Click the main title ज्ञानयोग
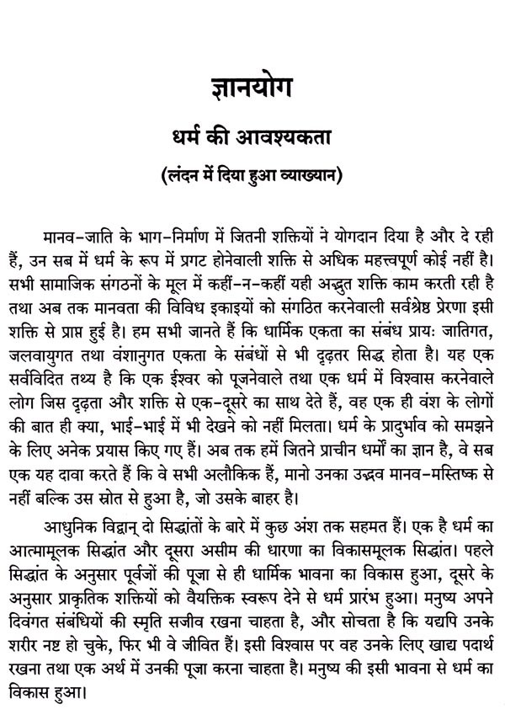(x=252, y=91)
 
